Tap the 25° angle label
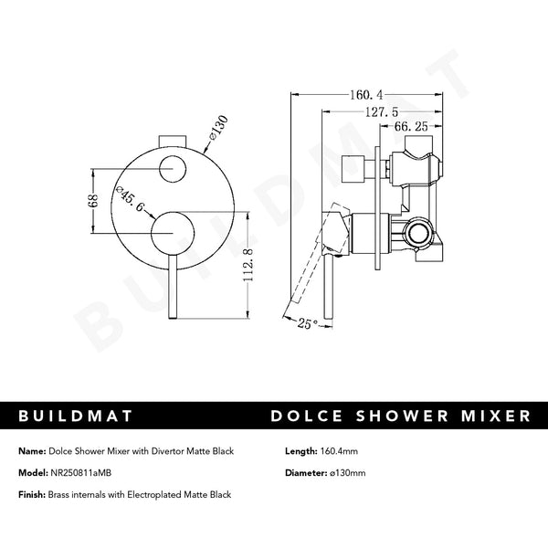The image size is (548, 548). point(309,321)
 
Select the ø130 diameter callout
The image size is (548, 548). point(221,125)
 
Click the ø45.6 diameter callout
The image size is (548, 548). point(129,203)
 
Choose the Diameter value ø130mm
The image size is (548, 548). point(352,473)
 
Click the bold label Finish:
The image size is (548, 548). point(33,494)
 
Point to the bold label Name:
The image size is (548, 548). point(32,450)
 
